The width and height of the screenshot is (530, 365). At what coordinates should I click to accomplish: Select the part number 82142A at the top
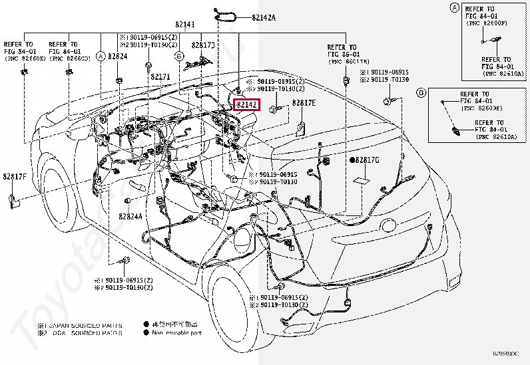point(264,17)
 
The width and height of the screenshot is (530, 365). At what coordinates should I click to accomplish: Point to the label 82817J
point(203,45)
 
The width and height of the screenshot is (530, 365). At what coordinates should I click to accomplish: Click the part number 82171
point(160,76)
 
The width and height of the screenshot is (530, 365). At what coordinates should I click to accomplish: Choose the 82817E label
point(304,103)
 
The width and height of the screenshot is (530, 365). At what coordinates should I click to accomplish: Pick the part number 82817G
point(368,161)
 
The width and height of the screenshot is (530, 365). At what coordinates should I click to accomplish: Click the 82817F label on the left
point(14,176)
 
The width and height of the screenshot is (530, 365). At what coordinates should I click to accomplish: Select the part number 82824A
point(131,217)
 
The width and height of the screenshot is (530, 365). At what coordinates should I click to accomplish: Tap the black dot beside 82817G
point(353,161)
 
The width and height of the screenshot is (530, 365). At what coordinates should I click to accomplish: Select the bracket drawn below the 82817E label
point(300,129)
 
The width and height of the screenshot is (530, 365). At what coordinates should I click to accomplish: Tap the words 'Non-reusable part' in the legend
point(176,332)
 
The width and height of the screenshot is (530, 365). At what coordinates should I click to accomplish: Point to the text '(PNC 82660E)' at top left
point(25,59)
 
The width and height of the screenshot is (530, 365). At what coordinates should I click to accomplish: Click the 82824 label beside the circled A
point(117,57)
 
